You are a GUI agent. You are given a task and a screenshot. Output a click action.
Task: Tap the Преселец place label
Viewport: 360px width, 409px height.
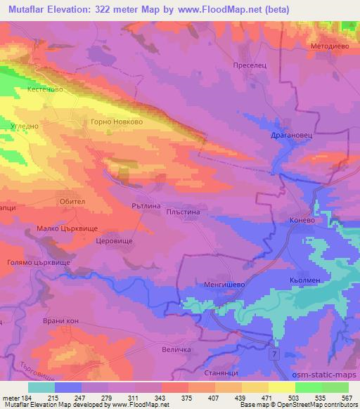(247, 64)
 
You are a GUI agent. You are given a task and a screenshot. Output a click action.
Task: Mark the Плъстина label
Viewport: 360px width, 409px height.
(186, 211)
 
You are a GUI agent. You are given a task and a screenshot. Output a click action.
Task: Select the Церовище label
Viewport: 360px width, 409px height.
(113, 240)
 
